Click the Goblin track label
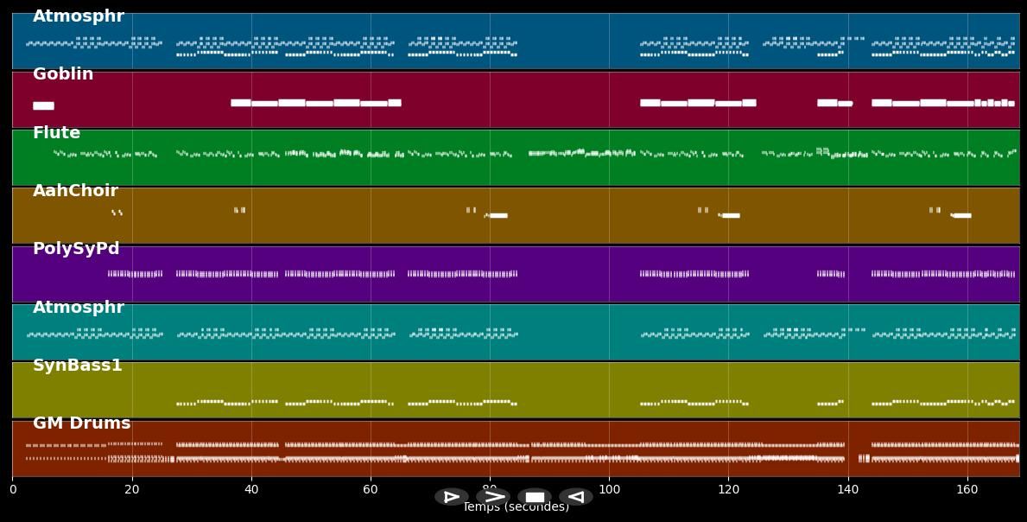pyautogui.click(x=63, y=75)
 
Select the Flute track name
pyautogui.click(x=56, y=133)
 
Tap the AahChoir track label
pyautogui.click(x=75, y=191)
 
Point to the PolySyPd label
pyautogui.click(x=76, y=249)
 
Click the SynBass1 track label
pyautogui.click(x=78, y=366)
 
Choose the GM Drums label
pyautogui.click(x=81, y=423)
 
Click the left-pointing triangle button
pyautogui.click(x=575, y=497)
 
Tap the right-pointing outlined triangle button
pyautogui.click(x=452, y=497)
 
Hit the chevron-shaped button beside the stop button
pyautogui.click(x=493, y=497)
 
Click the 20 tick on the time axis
pyautogui.click(x=132, y=489)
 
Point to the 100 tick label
pyautogui.click(x=609, y=489)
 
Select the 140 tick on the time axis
pyautogui.click(x=847, y=489)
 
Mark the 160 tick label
pyautogui.click(x=967, y=489)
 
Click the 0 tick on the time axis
pyautogui.click(x=13, y=489)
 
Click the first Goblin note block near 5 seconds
pyautogui.click(x=43, y=105)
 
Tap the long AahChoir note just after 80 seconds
pyautogui.click(x=498, y=215)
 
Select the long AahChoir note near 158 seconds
pyautogui.click(x=961, y=215)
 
